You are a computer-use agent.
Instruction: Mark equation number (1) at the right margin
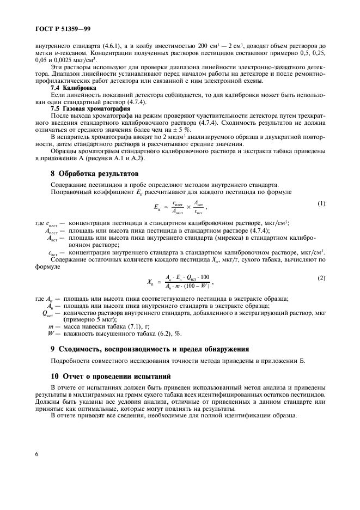[321, 204]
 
